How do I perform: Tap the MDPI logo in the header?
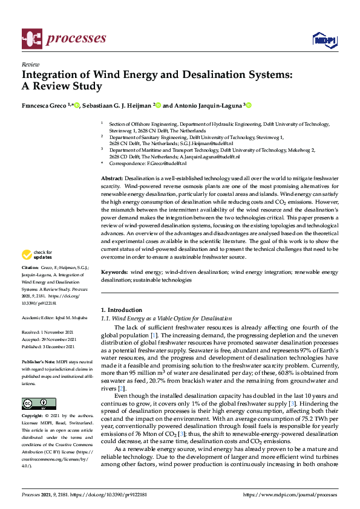(325, 40)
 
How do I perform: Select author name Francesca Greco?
(44, 105)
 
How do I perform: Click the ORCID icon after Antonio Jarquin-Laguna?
(248, 105)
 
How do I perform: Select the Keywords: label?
(114, 273)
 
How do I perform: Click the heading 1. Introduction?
(121, 309)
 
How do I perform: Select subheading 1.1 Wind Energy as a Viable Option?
(166, 318)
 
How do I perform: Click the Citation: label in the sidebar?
(31, 284)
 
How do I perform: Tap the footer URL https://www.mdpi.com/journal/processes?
(290, 494)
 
